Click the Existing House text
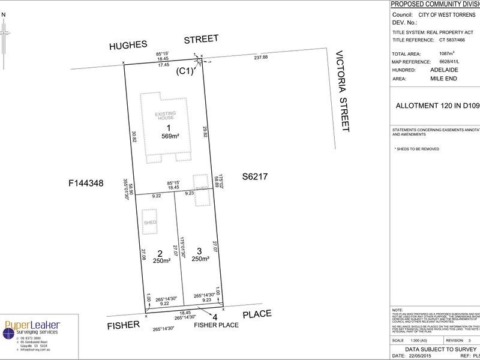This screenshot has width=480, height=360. click(x=166, y=115)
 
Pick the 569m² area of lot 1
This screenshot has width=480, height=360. click(x=169, y=136)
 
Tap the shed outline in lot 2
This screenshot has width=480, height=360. click(x=149, y=222)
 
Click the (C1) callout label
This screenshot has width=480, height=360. click(x=184, y=71)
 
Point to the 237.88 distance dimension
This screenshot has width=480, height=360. click(x=261, y=58)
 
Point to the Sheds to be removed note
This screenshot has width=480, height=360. click(x=416, y=149)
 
